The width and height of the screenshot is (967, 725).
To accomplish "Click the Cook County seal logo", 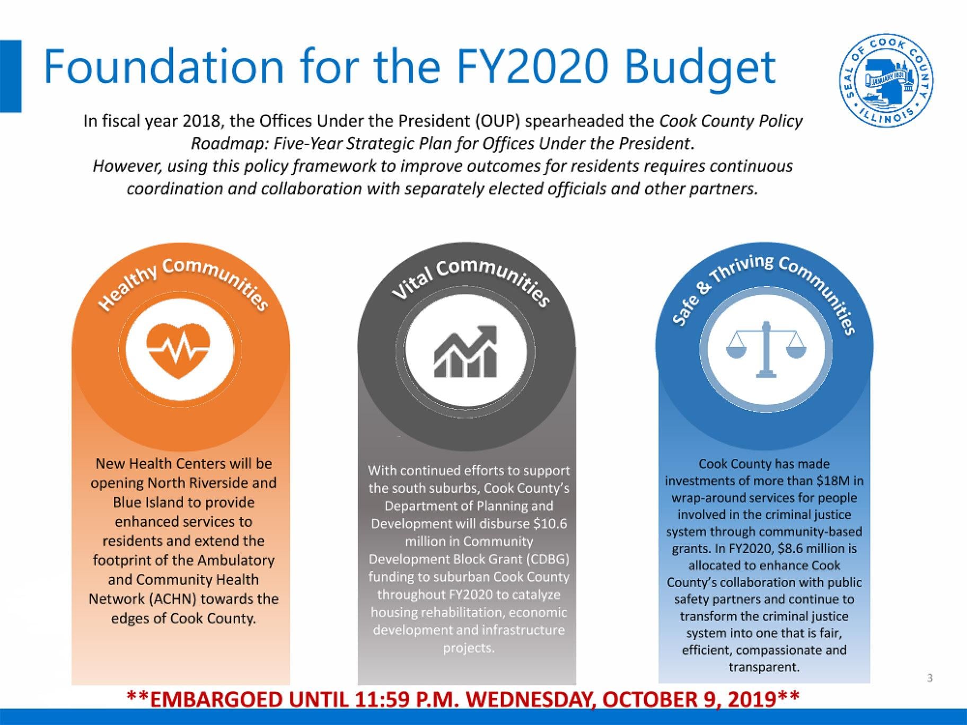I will pyautogui.click(x=887, y=83).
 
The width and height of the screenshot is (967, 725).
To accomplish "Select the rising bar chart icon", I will pyautogui.click(x=466, y=351).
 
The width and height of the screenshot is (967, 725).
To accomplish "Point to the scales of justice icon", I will pyautogui.click(x=764, y=349).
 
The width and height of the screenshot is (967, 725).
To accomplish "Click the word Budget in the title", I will pyautogui.click(x=699, y=68).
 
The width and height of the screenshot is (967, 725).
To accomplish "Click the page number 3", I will pyautogui.click(x=929, y=677).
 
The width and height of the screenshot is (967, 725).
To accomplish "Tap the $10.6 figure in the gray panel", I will pyautogui.click(x=550, y=524).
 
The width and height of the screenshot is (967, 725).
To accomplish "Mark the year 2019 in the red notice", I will pyautogui.click(x=751, y=699).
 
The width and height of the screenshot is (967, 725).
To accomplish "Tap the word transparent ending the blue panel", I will pyautogui.click(x=764, y=667).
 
